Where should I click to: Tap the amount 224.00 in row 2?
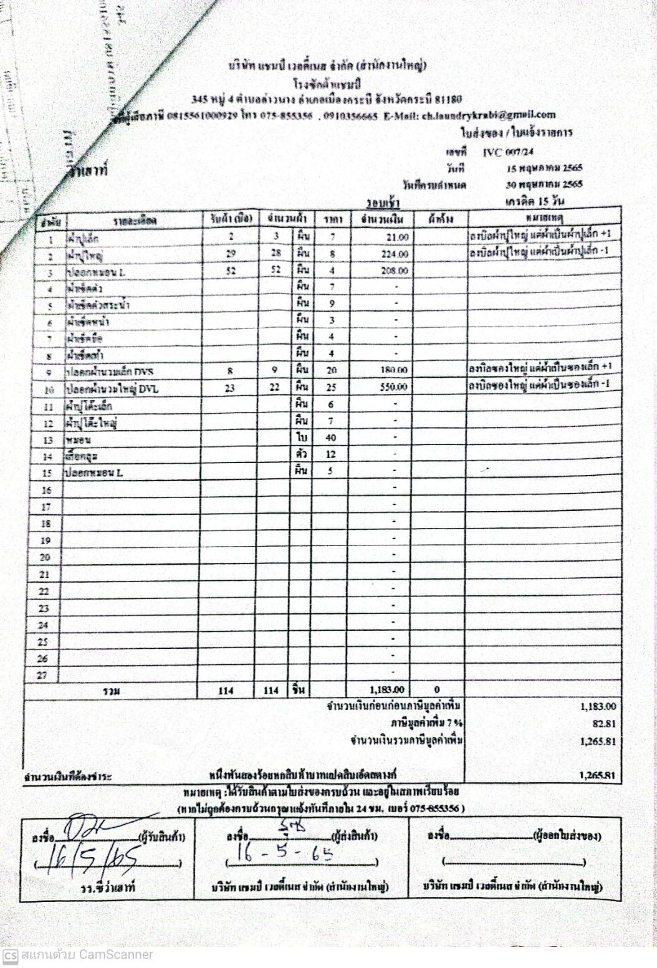[395, 254]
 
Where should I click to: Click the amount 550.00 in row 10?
[394, 388]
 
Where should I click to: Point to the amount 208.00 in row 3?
[395, 271]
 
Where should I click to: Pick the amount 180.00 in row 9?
[394, 371]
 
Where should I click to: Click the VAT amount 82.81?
[604, 724]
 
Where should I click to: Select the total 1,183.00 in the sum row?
[386, 690]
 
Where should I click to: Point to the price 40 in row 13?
[331, 438]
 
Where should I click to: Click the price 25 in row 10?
[331, 388]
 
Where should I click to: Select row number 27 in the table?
[43, 675]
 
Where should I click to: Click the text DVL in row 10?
[150, 388]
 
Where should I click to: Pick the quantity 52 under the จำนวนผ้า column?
[277, 271]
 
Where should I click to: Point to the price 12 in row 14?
[331, 455]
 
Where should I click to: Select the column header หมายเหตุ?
[545, 219]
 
